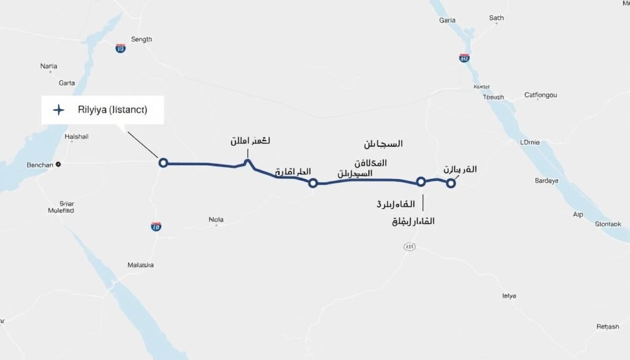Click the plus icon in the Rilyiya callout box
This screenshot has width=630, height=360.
[x=58, y=110]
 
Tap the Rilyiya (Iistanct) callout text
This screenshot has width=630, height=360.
[x=113, y=110]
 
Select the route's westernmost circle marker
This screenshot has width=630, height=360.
[x=163, y=162]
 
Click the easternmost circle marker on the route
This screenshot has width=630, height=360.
[x=451, y=182]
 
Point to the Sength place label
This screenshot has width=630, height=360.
[x=142, y=39]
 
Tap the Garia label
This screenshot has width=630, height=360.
[x=447, y=20]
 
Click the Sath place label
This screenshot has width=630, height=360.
[x=496, y=18]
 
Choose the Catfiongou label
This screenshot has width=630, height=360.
[x=540, y=95]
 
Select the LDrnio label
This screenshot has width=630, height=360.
[x=530, y=142]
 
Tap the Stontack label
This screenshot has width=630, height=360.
[x=613, y=224]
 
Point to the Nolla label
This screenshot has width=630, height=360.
[x=217, y=219]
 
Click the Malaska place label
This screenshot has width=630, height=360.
[x=140, y=265]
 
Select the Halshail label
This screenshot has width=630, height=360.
[x=77, y=137]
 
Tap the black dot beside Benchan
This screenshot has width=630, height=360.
[x=58, y=164]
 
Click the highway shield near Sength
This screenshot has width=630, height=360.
[x=121, y=48]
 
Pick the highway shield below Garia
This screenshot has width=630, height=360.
[x=465, y=58]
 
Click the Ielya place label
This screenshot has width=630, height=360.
[x=509, y=296]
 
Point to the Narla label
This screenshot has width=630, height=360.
[x=49, y=66]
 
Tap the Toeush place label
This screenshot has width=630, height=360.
[x=493, y=97]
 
